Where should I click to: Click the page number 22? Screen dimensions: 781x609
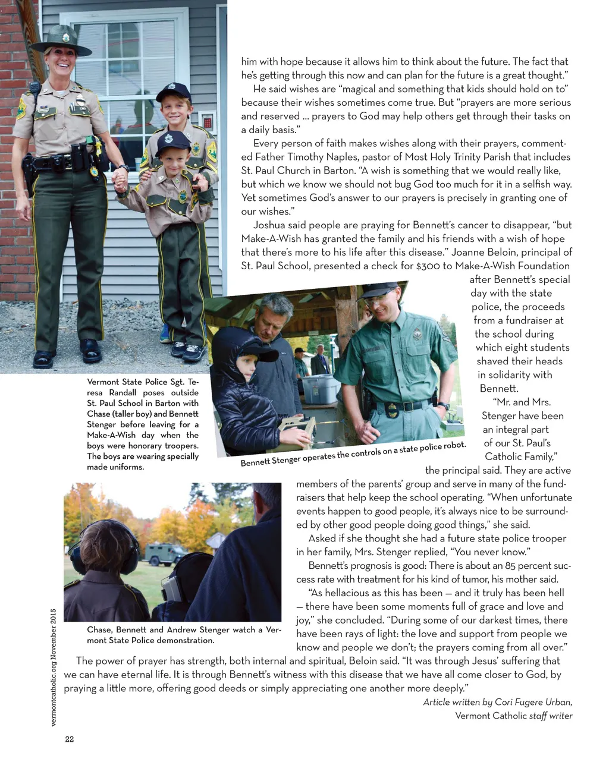point(69,739)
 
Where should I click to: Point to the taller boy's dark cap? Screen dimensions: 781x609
point(173,91)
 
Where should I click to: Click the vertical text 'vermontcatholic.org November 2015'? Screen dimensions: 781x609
point(54,666)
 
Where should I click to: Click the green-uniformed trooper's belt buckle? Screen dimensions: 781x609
point(407,407)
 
